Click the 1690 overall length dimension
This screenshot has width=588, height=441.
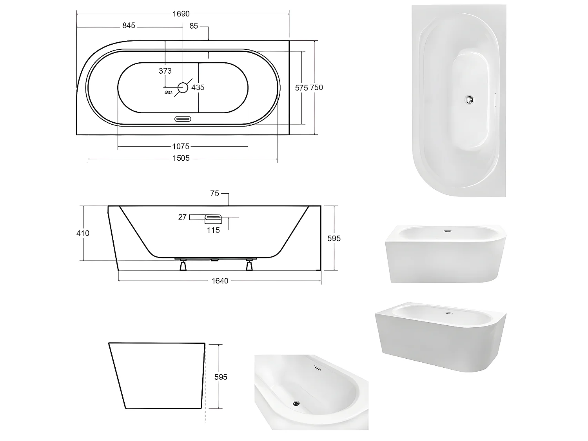coord(181,14)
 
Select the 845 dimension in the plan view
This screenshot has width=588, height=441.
coord(129,26)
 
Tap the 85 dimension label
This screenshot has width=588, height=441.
coord(194,26)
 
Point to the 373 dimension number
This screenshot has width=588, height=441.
coord(165,71)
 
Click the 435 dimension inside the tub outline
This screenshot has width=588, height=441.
coord(198,87)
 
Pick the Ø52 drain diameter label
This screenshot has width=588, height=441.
coord(168,93)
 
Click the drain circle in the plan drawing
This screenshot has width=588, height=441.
coord(183,87)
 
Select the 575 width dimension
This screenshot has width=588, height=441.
coord(301,88)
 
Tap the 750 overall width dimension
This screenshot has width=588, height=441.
coord(317,87)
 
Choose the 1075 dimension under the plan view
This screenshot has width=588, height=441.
coord(181,147)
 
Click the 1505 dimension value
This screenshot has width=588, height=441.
coord(181,158)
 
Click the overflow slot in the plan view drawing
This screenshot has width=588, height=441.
coord(182,119)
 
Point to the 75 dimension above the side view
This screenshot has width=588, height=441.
coord(214,194)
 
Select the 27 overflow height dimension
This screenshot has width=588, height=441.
coord(182,217)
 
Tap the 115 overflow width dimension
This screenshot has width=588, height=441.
coord(213,230)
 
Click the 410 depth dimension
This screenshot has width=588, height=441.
coord(83,233)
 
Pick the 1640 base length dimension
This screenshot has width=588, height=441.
coord(220,281)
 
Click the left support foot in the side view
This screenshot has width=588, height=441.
coord(183,266)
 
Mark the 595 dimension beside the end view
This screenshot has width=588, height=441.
coord(221,377)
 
